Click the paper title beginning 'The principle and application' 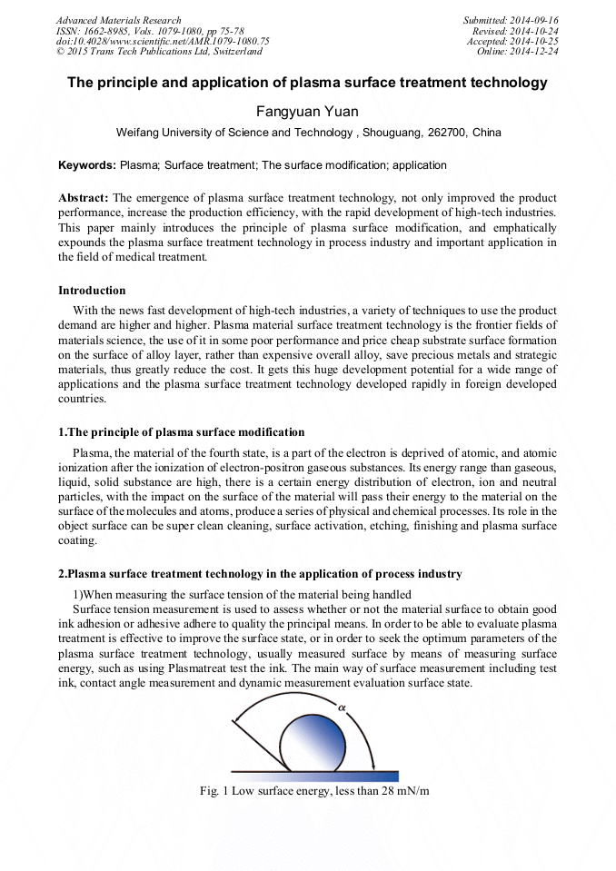click(307, 83)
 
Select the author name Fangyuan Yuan click(308, 111)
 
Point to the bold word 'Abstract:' click(84, 198)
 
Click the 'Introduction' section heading click(92, 291)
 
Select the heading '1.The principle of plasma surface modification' click(182, 431)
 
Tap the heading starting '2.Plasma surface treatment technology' click(260, 574)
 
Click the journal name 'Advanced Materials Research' click(119, 20)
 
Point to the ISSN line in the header click(150, 31)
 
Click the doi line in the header click(163, 42)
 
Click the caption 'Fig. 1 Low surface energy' click(314, 790)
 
